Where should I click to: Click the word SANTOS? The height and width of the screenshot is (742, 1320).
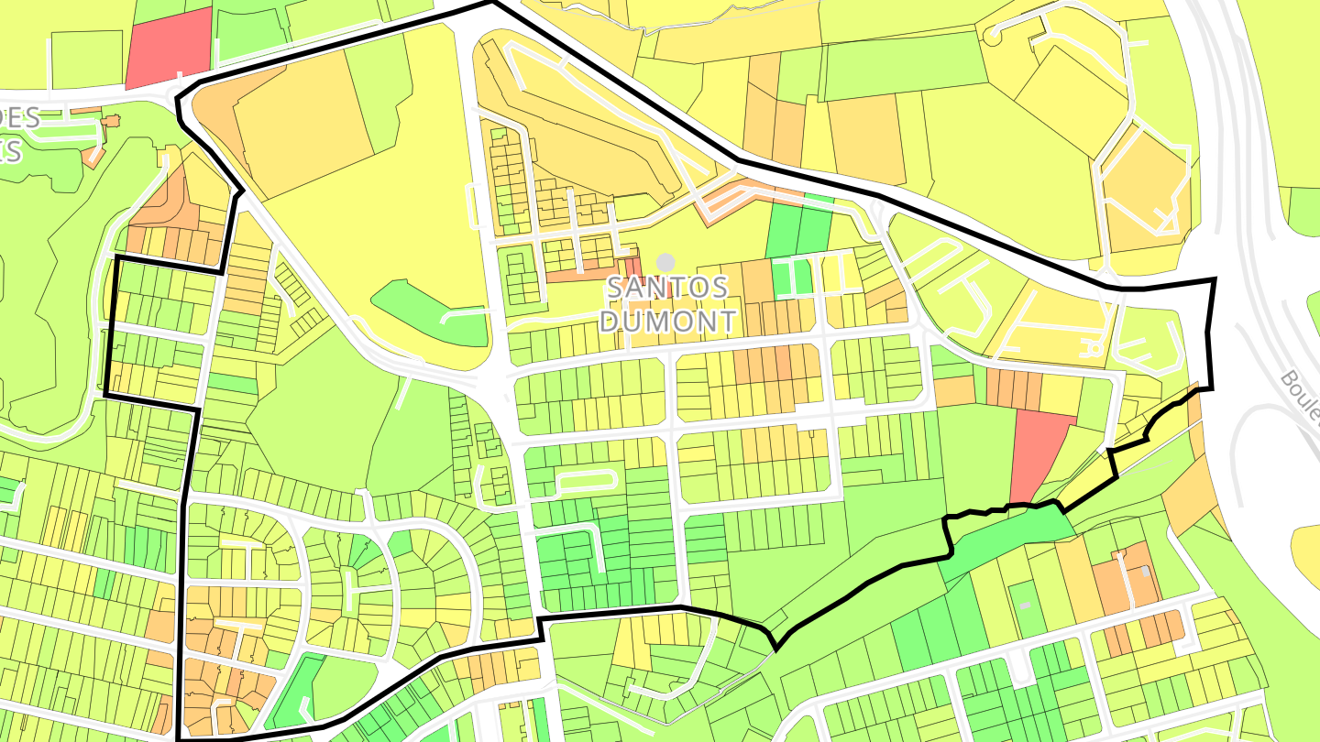click(667, 288)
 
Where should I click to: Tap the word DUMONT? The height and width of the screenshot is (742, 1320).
click(672, 321)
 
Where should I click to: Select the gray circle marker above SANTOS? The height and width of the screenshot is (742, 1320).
click(665, 263)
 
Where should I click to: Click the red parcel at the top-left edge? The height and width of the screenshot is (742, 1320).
click(169, 46)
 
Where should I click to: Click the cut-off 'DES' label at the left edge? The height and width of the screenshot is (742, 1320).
click(20, 118)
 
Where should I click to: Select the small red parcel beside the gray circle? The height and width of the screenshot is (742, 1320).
click(632, 266)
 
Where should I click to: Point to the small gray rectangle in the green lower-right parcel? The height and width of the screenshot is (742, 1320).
click(1025, 606)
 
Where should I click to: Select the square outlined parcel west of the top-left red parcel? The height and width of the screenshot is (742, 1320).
click(87, 60)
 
